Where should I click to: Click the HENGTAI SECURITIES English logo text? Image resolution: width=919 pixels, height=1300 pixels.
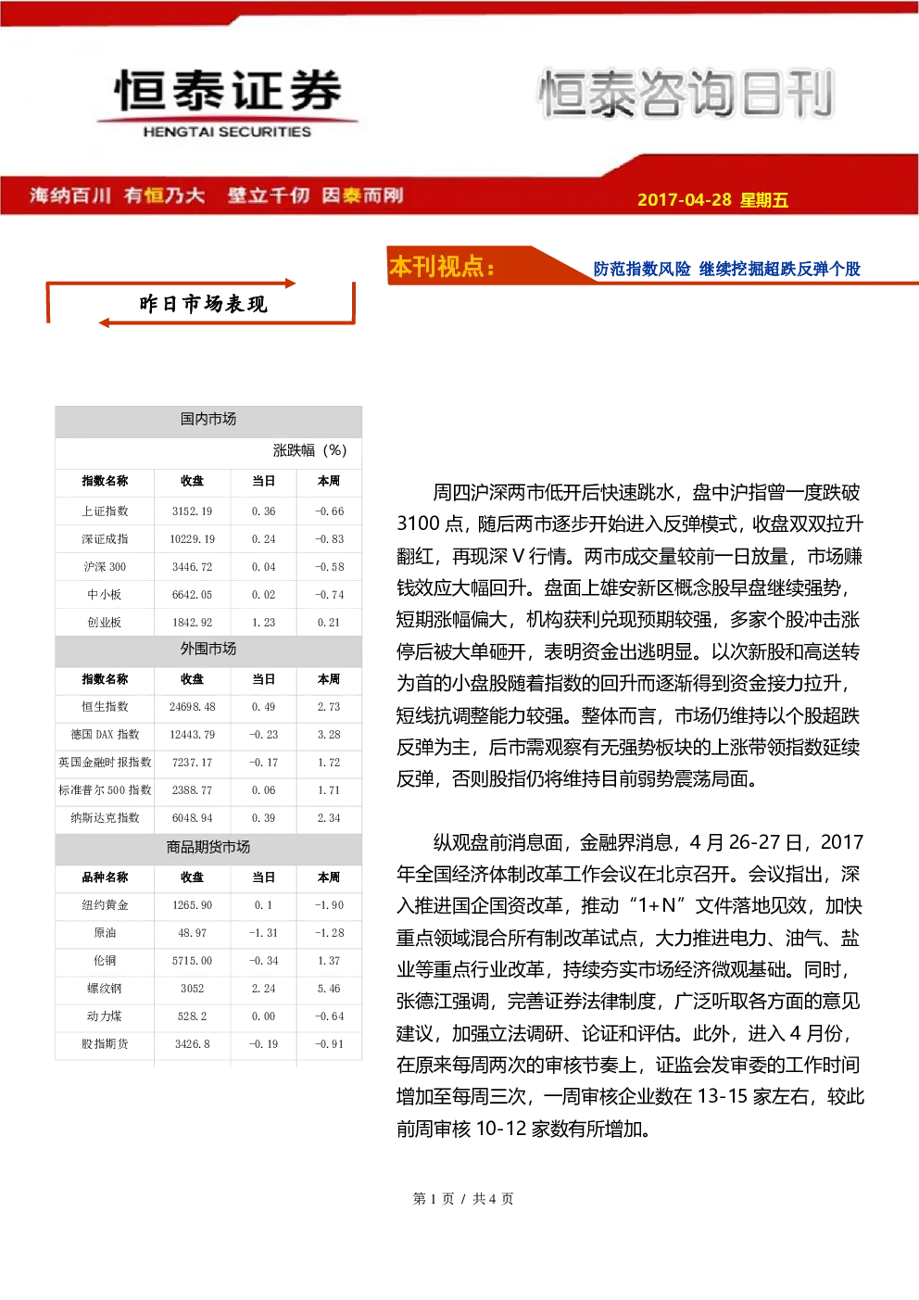tap(227, 132)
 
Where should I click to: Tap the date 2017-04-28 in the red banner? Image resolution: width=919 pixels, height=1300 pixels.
tap(685, 199)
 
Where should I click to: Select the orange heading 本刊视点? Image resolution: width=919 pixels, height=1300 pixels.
tap(442, 266)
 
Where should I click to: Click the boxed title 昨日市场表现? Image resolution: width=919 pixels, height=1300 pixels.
tap(203, 304)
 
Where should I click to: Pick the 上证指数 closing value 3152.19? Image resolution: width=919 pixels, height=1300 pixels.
tap(192, 511)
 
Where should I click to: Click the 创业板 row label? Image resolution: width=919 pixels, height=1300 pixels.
tap(105, 622)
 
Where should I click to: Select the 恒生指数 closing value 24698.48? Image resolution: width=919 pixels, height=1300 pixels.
tap(192, 707)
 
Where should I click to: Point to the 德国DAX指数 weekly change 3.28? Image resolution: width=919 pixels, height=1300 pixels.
tap(329, 735)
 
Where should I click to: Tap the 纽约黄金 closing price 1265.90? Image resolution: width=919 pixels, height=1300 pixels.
tap(192, 904)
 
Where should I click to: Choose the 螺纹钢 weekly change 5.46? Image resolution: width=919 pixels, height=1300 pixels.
tap(329, 989)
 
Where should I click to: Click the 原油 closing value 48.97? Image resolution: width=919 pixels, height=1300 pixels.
tap(192, 933)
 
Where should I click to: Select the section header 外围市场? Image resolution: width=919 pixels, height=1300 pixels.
tap(208, 649)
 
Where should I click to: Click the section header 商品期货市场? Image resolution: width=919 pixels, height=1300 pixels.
tap(208, 847)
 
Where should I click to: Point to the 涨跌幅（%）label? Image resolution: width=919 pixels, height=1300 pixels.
tap(309, 450)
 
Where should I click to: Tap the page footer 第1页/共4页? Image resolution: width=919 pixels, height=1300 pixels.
tap(463, 1199)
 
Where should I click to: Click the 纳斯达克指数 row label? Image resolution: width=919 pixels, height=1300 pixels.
tap(105, 818)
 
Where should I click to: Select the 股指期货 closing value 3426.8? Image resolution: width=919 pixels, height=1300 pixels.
tap(192, 1044)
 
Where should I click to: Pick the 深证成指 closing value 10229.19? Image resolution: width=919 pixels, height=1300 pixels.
tap(192, 539)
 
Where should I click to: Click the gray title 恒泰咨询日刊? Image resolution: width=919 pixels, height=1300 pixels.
tap(686, 93)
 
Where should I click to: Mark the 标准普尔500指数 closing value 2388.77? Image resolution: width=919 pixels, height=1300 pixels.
tap(192, 789)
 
